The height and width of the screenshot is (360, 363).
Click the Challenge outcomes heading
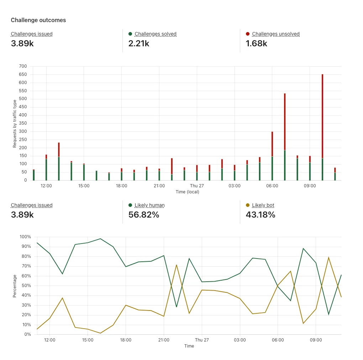[x=38, y=20]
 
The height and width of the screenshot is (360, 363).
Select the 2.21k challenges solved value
[x=139, y=44]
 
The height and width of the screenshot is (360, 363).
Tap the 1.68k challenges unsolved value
[x=256, y=44]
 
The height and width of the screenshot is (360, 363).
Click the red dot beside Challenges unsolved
[x=248, y=34]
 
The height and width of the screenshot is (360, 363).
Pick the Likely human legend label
[x=149, y=205]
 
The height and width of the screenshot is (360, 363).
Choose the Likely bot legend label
[x=263, y=205]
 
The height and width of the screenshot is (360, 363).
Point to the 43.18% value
[x=261, y=215]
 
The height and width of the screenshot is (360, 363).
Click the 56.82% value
[x=143, y=215]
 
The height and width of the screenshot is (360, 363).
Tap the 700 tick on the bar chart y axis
[x=23, y=66]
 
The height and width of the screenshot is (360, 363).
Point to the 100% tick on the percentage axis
[x=25, y=237]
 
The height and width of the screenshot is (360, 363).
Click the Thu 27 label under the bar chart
[x=197, y=186]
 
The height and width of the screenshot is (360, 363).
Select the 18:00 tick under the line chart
[x=126, y=340]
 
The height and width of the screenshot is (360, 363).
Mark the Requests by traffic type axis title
[x=15, y=124]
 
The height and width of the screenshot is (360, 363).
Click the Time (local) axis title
[x=188, y=192]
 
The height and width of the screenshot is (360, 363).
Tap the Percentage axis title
[x=15, y=286]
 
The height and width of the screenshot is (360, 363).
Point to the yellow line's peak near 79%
[x=328, y=257]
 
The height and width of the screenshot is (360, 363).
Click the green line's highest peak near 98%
[x=100, y=239]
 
